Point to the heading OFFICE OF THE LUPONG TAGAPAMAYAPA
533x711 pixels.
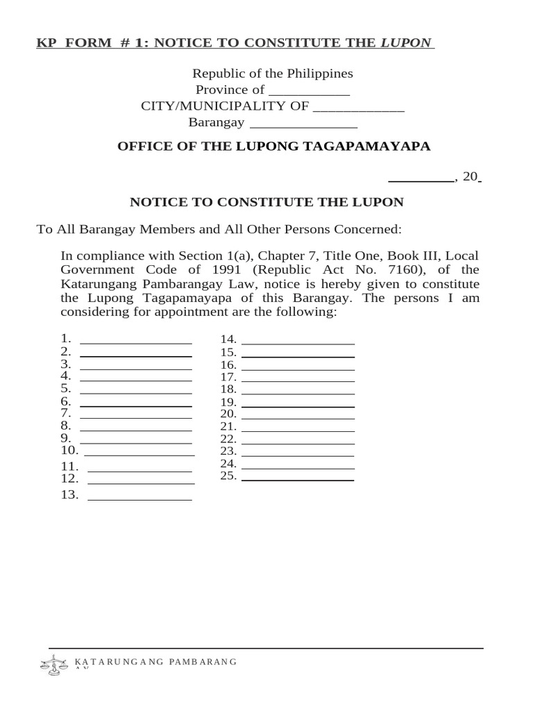click(274, 146)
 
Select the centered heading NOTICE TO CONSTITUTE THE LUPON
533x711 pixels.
click(267, 202)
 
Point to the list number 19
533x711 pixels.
click(228, 402)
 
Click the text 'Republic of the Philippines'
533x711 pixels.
click(272, 73)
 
